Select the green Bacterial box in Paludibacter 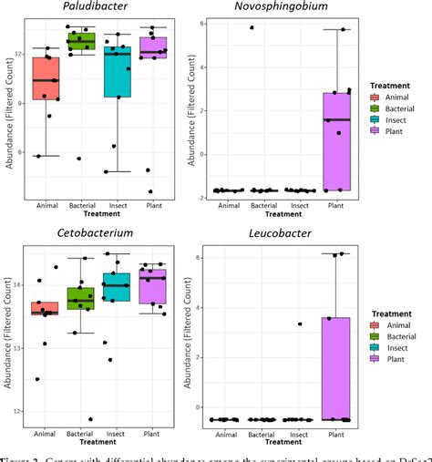point(81,41)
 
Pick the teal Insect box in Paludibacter point(117,72)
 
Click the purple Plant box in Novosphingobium point(336,141)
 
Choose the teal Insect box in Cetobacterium point(117,286)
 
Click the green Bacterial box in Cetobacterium point(81,298)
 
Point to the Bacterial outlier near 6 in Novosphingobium point(252,27)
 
